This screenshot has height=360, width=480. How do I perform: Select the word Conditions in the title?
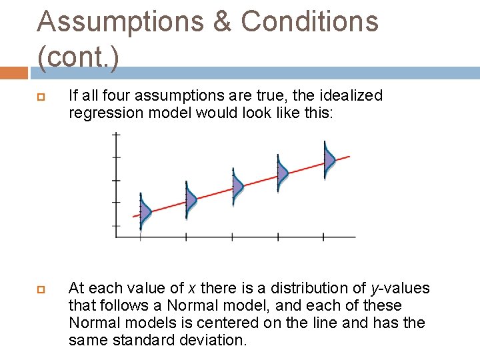pyautogui.click(x=309, y=21)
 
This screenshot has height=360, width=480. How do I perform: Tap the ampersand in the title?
pyautogui.click(x=222, y=22)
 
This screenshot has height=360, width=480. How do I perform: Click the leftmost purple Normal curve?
pyautogui.click(x=145, y=214)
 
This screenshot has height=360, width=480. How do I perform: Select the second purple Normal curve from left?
pyautogui.click(x=191, y=199)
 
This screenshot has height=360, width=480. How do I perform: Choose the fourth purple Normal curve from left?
pyautogui.click(x=282, y=172)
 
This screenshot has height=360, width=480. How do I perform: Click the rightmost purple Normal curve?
pyautogui.click(x=329, y=159)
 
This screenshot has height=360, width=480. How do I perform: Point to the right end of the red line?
pyautogui.click(x=348, y=157)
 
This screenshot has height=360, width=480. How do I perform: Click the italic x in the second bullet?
pyautogui.click(x=191, y=289)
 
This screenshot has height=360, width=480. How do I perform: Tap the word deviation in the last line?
pyautogui.click(x=213, y=341)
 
